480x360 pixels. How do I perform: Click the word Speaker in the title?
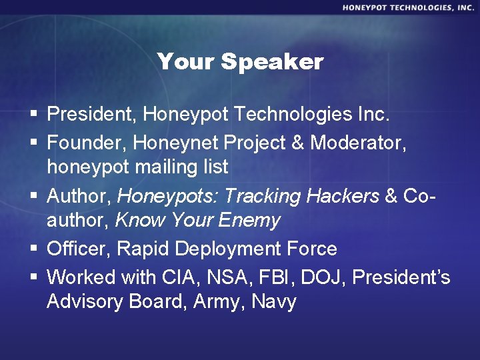pyautogui.click(x=272, y=62)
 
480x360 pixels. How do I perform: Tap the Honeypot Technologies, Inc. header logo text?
pyautogui.click(x=409, y=7)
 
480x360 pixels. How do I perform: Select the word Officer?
pyautogui.click(x=79, y=249)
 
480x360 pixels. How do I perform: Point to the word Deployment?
pyautogui.click(x=227, y=249)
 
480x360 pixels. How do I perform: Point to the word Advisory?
pyautogui.click(x=85, y=302)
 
